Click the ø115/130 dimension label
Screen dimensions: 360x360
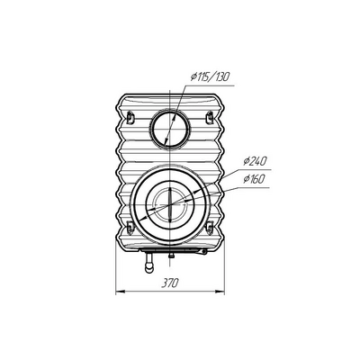[x=210, y=77]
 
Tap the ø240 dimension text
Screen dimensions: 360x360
[x=255, y=161]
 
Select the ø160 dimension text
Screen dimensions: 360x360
[x=254, y=179]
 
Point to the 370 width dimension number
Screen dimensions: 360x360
[x=170, y=283]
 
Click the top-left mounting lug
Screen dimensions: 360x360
[x=130, y=116]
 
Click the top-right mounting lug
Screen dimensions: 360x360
[x=210, y=116]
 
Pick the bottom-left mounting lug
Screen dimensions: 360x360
[x=130, y=227]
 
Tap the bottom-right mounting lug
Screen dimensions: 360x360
[x=210, y=227]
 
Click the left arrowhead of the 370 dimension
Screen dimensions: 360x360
[x=120, y=291]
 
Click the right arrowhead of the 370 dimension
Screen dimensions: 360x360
[x=220, y=291]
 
